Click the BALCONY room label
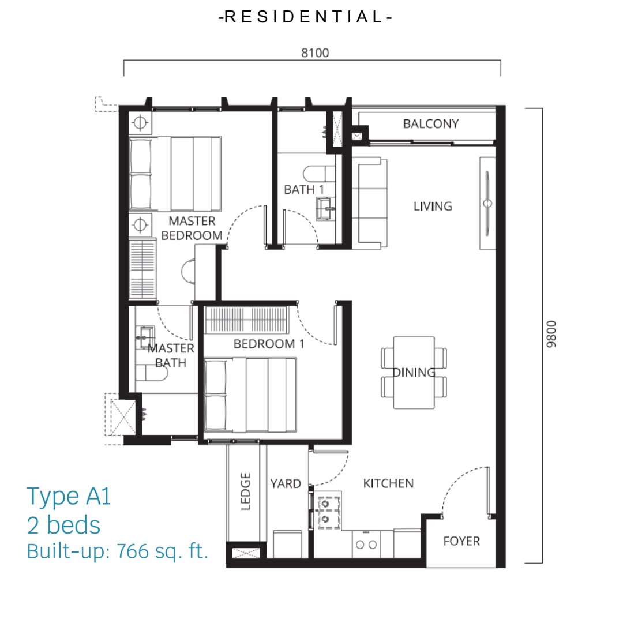click(431, 124)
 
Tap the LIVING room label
click(433, 206)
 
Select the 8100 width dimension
click(315, 53)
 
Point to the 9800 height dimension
click(551, 334)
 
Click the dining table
click(414, 372)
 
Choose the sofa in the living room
click(370, 203)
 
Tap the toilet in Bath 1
click(319, 174)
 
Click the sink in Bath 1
click(326, 208)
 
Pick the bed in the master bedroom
click(175, 174)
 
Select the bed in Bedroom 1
click(250, 395)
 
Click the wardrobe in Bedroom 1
click(246, 320)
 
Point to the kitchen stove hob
click(329, 512)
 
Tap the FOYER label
click(461, 541)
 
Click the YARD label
click(286, 483)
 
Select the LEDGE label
click(246, 491)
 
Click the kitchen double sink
click(366, 545)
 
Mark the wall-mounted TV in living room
click(487, 204)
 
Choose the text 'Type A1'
click(69, 496)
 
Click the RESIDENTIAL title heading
click(306, 17)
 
